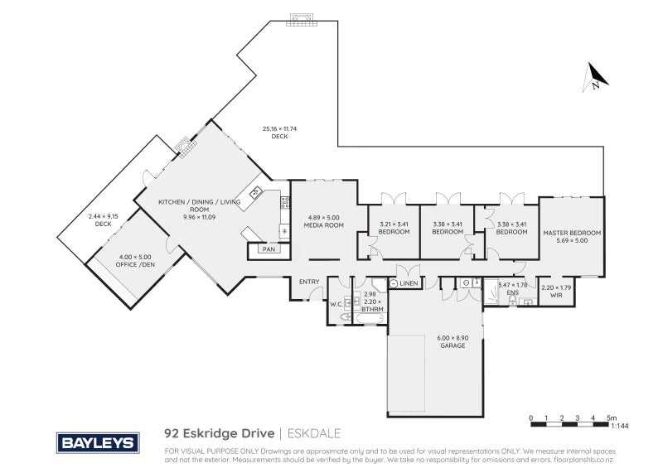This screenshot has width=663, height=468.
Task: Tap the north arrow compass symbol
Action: [x=595, y=77]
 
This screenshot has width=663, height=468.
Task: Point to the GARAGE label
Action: [x=452, y=345]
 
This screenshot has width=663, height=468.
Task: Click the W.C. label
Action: [x=336, y=303]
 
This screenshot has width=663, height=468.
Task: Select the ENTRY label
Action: [x=309, y=282]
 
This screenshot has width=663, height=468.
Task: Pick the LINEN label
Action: [x=409, y=284]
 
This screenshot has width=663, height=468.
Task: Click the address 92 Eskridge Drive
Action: [x=218, y=433]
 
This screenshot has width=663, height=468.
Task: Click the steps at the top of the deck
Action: [x=300, y=20]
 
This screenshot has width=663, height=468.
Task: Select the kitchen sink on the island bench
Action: [x=256, y=192]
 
